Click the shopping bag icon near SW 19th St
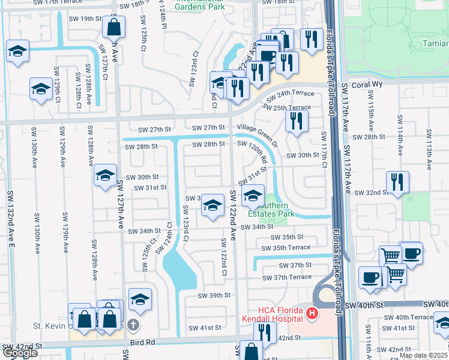[x=113, y=27]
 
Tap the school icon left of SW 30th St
[x=105, y=175]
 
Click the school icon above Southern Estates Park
[x=253, y=194]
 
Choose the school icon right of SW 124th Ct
[x=212, y=205]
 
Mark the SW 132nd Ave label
[x=11, y=219]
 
